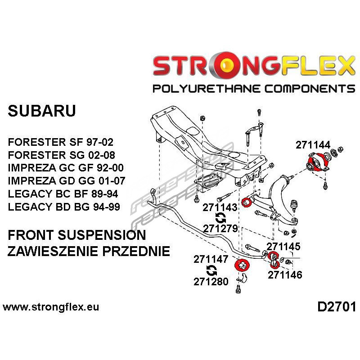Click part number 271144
click(x=313, y=145)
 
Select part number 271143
click(x=220, y=207)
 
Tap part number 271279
click(x=220, y=228)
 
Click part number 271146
click(x=285, y=274)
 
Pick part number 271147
click(x=211, y=259)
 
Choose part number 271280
click(x=211, y=282)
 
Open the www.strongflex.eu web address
click(x=51, y=308)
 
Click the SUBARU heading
click(x=42, y=111)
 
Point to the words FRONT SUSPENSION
click(x=77, y=235)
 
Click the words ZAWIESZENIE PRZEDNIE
click(x=89, y=251)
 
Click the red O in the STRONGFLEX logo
click(x=228, y=67)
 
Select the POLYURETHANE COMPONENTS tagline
click(x=254, y=88)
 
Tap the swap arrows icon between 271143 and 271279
click(x=220, y=218)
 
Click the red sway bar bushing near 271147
click(x=243, y=265)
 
